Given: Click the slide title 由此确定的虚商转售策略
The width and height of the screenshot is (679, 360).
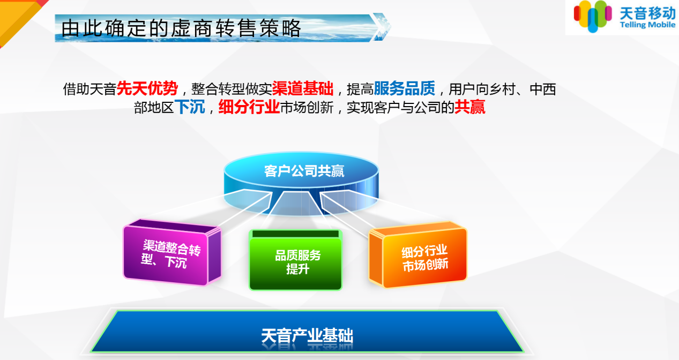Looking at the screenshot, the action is click(x=181, y=28).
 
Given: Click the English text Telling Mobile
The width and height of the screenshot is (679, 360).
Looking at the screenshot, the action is click(x=647, y=25).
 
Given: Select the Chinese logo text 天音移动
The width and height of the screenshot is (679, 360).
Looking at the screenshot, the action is click(x=647, y=13).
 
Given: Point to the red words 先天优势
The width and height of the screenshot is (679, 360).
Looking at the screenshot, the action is click(x=147, y=88).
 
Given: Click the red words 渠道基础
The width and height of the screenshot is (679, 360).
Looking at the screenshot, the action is click(x=303, y=88).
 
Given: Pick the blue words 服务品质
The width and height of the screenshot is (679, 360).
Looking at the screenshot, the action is click(x=405, y=88).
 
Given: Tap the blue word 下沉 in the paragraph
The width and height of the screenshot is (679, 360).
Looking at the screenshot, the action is click(x=190, y=107).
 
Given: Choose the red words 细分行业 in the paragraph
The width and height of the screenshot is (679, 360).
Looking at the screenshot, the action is click(x=249, y=107).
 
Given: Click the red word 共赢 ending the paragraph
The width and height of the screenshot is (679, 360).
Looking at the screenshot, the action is click(x=470, y=107).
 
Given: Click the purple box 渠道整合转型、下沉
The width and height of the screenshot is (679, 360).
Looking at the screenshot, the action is click(x=172, y=252).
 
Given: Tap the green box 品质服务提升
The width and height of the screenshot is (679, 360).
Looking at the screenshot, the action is click(x=295, y=260).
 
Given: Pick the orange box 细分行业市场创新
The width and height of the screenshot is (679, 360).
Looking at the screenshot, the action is click(x=417, y=254).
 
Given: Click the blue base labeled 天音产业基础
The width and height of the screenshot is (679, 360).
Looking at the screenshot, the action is click(x=307, y=331).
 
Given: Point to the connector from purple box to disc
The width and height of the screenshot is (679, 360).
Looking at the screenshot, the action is click(x=245, y=209).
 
